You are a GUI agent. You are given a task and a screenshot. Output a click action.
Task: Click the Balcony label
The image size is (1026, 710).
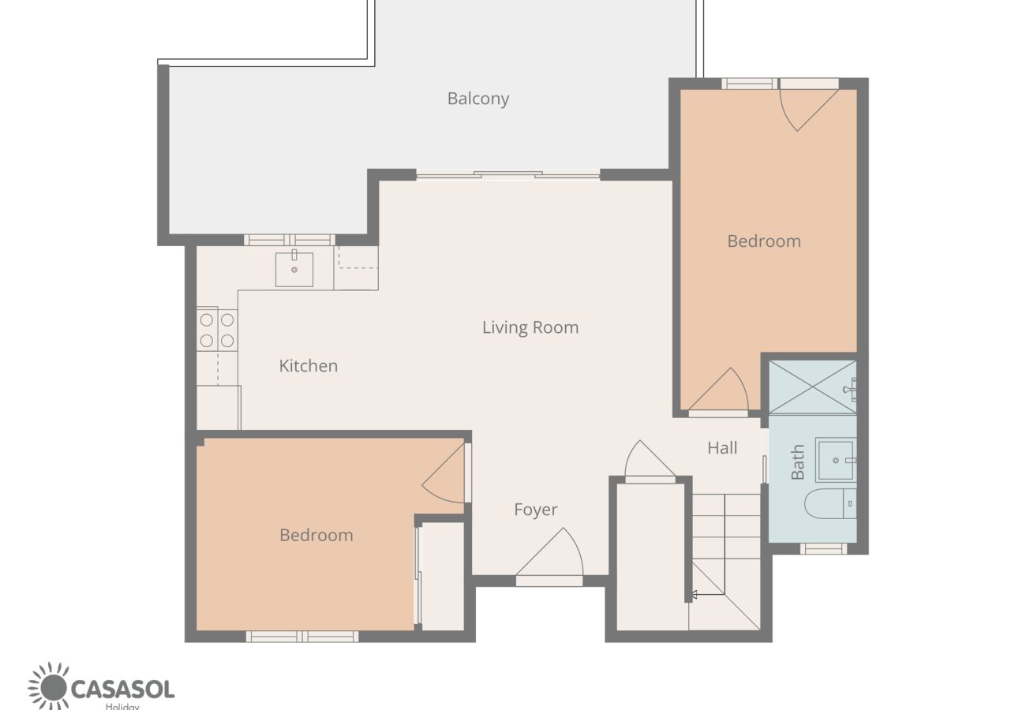(x=478, y=99)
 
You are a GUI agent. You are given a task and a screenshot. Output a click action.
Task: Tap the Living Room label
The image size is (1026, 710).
(x=530, y=327)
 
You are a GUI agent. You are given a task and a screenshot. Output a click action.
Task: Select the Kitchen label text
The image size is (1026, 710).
(x=309, y=366)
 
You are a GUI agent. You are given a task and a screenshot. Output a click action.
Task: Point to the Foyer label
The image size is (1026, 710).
(x=536, y=510)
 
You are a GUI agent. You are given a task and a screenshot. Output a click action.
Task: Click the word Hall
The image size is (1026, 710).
(x=722, y=448)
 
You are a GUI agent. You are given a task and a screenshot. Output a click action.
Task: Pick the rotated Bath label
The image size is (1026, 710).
(x=797, y=461)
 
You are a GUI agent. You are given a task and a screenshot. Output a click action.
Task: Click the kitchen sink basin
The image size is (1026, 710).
(x=294, y=270)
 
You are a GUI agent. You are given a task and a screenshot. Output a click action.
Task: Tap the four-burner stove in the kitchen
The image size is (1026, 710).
(x=217, y=331)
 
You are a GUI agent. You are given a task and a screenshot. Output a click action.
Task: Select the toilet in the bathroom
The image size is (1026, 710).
(x=830, y=503)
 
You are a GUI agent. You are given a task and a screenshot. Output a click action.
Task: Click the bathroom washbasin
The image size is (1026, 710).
(x=836, y=460)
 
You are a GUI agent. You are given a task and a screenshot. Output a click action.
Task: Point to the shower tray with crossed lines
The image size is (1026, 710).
(x=812, y=387)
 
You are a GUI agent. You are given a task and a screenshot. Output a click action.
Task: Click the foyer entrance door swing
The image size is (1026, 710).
(x=549, y=555)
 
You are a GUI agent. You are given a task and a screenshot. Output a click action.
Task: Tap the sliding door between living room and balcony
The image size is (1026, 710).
(x=508, y=174)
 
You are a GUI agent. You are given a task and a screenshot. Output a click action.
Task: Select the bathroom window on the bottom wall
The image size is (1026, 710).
(x=823, y=548)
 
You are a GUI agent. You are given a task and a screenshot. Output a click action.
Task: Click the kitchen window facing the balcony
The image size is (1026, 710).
(x=290, y=240)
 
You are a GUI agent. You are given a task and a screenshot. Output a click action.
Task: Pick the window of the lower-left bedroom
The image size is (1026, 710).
(x=302, y=637)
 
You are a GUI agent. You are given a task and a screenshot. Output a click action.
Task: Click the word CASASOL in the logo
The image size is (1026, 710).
(x=122, y=689)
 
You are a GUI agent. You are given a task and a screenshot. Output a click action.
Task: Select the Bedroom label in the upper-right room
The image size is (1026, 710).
(x=764, y=241)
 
